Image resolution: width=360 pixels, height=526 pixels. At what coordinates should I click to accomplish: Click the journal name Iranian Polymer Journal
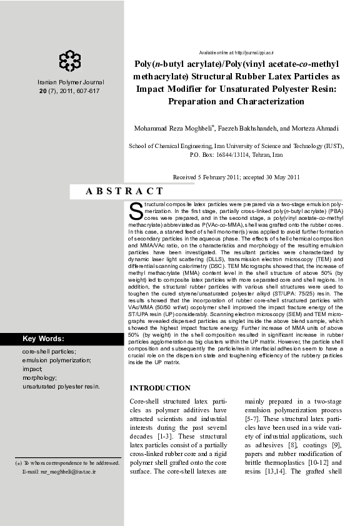70,82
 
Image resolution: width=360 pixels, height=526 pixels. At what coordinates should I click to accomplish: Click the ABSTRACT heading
124,192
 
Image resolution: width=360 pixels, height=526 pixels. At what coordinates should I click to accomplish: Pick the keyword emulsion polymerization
56,360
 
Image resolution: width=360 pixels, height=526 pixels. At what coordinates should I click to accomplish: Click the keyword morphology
39,378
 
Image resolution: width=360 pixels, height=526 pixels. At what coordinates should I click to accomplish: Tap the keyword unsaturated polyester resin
61,387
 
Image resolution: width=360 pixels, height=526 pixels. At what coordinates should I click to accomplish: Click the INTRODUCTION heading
159,388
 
